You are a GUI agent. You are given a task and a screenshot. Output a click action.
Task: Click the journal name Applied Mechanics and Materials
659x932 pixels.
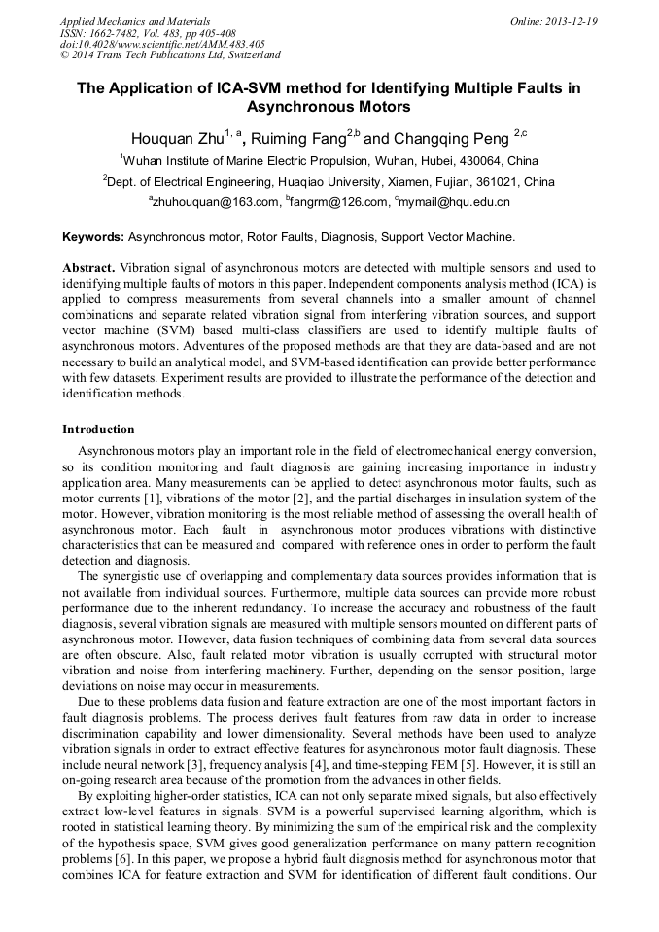click(x=135, y=21)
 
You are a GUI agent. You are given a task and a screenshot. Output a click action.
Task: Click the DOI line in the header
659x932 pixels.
click(x=162, y=44)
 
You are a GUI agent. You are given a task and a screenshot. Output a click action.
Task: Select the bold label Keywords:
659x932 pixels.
click(x=93, y=236)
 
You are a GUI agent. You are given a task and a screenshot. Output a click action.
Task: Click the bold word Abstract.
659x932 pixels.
click(x=88, y=266)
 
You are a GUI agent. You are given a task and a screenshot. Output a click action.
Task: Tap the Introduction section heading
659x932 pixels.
click(x=98, y=429)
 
